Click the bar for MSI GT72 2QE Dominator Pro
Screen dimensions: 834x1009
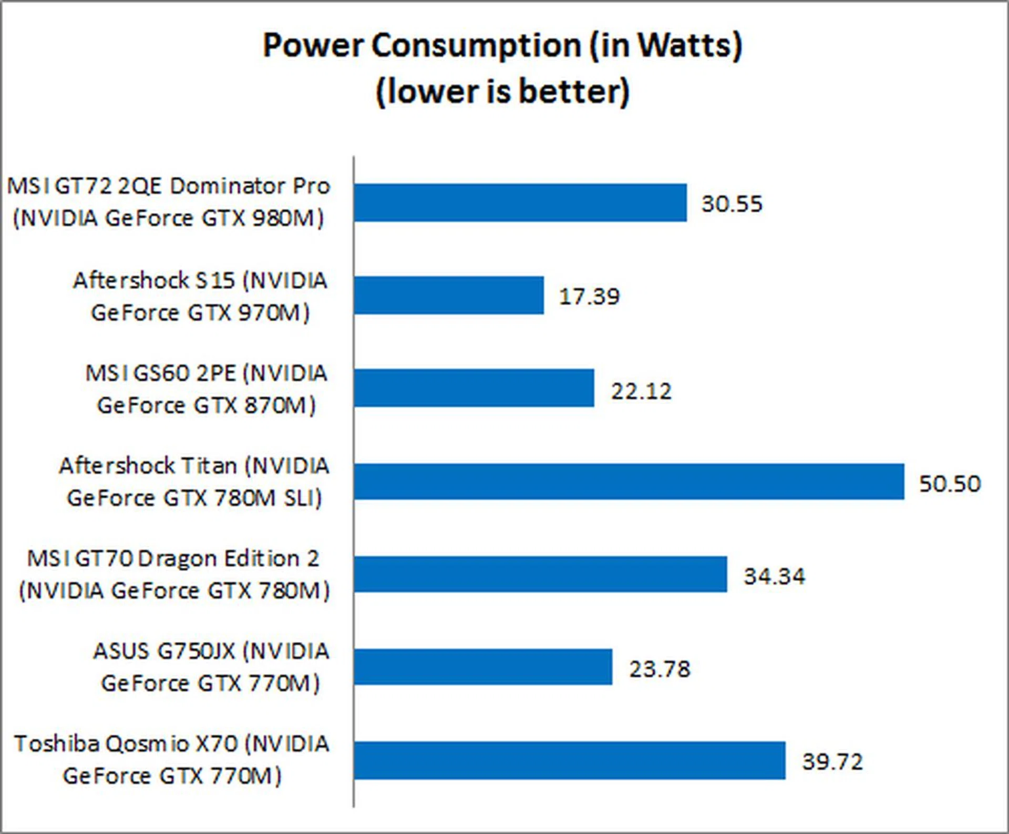(520, 203)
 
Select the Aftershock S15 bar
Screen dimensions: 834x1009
(449, 296)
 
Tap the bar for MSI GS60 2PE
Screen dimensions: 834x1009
(474, 388)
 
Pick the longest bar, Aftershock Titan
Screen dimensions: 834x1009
(629, 482)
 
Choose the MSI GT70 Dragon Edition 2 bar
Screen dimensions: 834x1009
(540, 574)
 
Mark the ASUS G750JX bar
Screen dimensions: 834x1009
(483, 667)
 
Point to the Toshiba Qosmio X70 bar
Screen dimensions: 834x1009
(570, 760)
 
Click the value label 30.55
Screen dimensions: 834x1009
(732, 204)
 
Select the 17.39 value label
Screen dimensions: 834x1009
(589, 297)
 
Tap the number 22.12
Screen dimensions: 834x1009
(641, 391)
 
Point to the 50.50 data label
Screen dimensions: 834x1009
(950, 484)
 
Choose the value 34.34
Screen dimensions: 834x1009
(774, 576)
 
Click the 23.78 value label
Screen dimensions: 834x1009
(660, 669)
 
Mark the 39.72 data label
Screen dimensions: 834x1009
(832, 762)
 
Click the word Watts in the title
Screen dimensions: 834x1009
(683, 45)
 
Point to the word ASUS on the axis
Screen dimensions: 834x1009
(121, 652)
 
